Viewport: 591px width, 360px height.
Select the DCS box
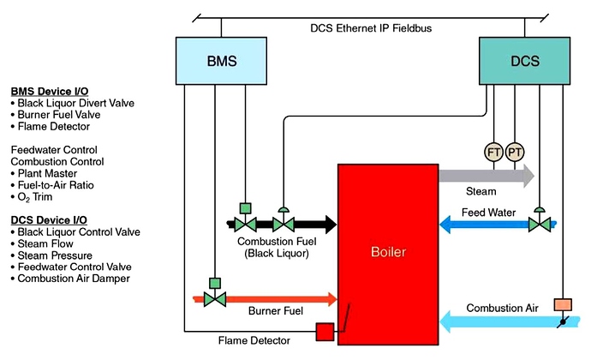coord(525,62)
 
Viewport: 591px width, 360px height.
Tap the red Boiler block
coord(388,253)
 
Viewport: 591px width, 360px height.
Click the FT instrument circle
coord(494,152)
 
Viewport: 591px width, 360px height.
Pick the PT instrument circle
coord(515,152)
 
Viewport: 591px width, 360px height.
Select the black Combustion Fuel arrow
coord(317,225)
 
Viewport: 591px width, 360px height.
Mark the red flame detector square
coord(325,332)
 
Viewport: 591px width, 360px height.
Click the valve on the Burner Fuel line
coord(214,298)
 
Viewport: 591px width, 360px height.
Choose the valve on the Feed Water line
coord(540,225)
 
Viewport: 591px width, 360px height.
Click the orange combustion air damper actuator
coord(563,304)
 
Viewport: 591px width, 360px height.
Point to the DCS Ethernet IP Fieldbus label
coord(371,28)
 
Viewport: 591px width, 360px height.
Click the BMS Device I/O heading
coord(48,92)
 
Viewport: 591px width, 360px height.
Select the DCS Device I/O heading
coord(48,220)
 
